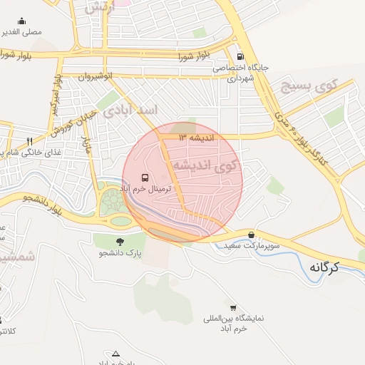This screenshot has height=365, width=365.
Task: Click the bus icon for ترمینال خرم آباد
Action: click(x=145, y=177)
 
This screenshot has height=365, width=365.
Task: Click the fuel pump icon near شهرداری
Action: click(x=240, y=56)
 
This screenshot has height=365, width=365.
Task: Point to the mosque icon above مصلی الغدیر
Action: click(x=21, y=21)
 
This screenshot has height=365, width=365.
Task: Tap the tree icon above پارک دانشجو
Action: click(x=119, y=242)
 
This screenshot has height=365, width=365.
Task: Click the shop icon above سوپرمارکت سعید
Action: click(x=251, y=235)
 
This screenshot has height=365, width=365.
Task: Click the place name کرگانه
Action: click(x=324, y=267)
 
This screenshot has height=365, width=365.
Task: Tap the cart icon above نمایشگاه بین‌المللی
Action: click(x=232, y=307)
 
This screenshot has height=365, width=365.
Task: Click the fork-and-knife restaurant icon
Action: click(x=29, y=141)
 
